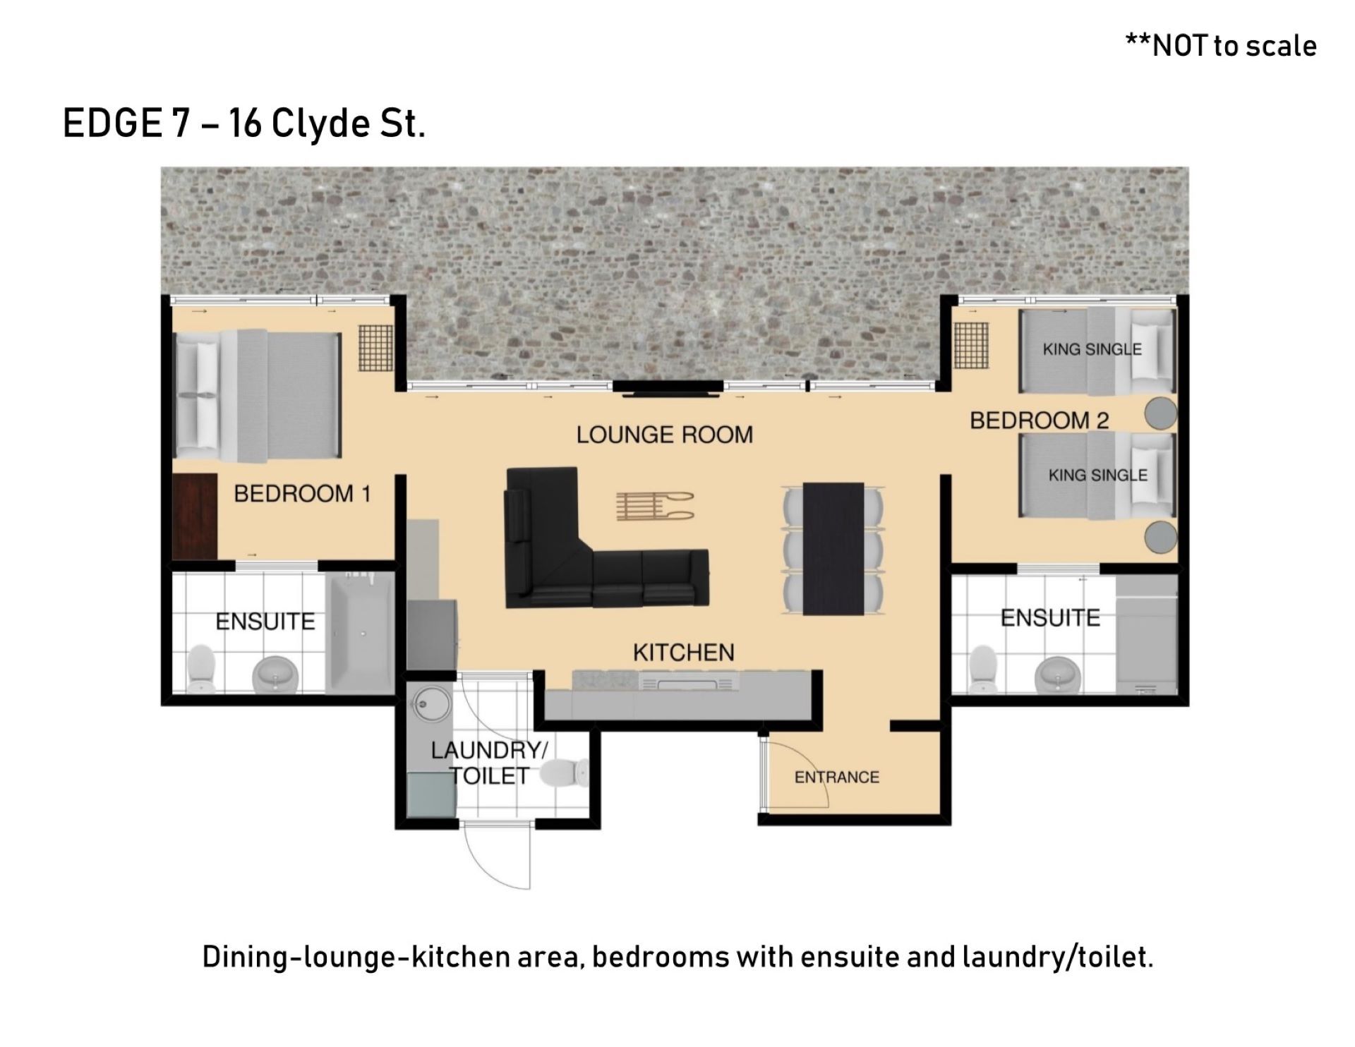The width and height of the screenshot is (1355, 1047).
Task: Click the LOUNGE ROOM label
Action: click(665, 435)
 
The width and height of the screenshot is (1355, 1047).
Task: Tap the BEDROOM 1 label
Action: click(302, 494)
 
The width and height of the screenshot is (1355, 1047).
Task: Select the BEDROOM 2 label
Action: click(1039, 420)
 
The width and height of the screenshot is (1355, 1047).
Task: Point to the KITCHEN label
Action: click(683, 653)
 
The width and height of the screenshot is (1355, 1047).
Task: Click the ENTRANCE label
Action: click(837, 777)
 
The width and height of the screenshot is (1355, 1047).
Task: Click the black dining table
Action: click(833, 548)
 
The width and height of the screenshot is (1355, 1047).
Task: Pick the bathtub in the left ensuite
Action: click(360, 631)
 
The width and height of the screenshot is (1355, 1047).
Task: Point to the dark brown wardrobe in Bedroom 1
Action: click(195, 517)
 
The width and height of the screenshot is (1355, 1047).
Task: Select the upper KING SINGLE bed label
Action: click(1092, 349)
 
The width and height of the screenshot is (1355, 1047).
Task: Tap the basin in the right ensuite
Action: click(1056, 674)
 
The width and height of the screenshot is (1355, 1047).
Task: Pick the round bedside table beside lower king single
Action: click(1160, 537)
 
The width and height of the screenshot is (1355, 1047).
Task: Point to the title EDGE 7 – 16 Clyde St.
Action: click(244, 123)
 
